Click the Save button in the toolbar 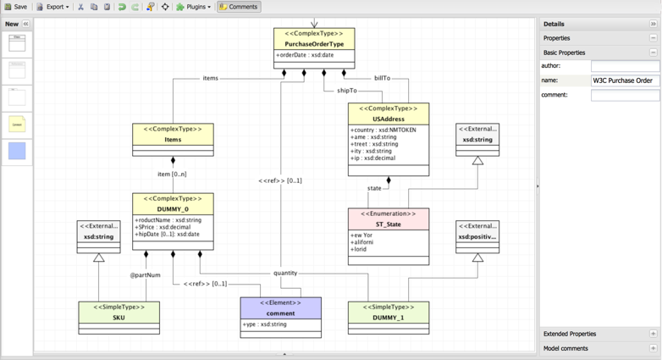[15, 7]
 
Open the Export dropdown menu [52, 7]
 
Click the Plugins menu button [193, 7]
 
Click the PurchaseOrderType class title [314, 44]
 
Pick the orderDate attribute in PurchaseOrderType [306, 55]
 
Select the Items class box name [173, 140]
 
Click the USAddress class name [388, 119]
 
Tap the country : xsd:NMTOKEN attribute [383, 130]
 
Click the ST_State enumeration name [388, 224]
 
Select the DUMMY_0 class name [173, 209]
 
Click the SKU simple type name [119, 318]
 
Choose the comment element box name [280, 313]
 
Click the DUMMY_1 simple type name [388, 318]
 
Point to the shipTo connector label [347, 91]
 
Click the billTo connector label [382, 78]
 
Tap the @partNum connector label [145, 275]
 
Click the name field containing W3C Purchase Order [625, 80]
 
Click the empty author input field [625, 66]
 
